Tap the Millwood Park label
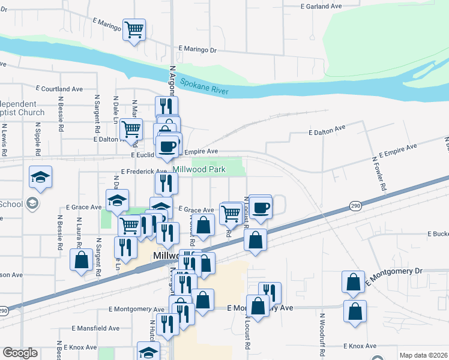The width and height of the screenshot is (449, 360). coord(199,170)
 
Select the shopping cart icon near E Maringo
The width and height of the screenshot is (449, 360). coord(134,29)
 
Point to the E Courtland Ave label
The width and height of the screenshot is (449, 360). coord(59,88)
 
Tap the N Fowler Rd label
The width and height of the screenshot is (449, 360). coord(379,174)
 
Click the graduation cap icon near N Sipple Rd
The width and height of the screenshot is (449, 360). coord(40,176)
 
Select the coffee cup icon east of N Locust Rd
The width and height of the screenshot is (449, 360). coord(261,208)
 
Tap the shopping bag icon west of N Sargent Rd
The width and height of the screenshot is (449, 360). coord(80,260)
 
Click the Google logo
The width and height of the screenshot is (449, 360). coord(20,353)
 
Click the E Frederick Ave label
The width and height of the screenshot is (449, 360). coord(143,172)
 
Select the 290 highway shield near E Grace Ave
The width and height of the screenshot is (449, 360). coord(355,206)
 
